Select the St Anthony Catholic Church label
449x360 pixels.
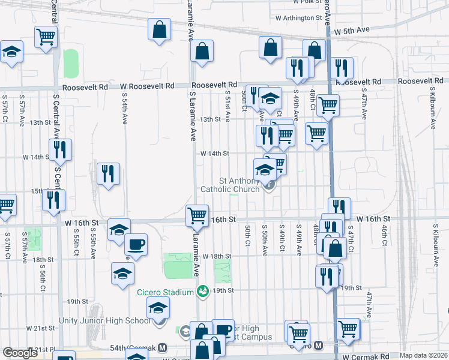pyautogui.click(x=239, y=184)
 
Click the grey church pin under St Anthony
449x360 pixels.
pyautogui.click(x=270, y=186)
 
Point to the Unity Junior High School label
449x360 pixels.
pyautogui.click(x=104, y=320)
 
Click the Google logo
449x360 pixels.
pyautogui.click(x=20, y=353)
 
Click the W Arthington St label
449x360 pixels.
pyautogui.click(x=296, y=18)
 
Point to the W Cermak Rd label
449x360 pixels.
pyautogui.click(x=366, y=357)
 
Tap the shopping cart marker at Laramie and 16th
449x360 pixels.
pyautogui.click(x=197, y=215)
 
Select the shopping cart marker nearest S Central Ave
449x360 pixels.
pyautogui.click(x=46, y=37)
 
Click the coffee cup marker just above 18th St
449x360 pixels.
pyautogui.click(x=136, y=244)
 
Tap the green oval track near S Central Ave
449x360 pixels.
pyautogui.click(x=71, y=63)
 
